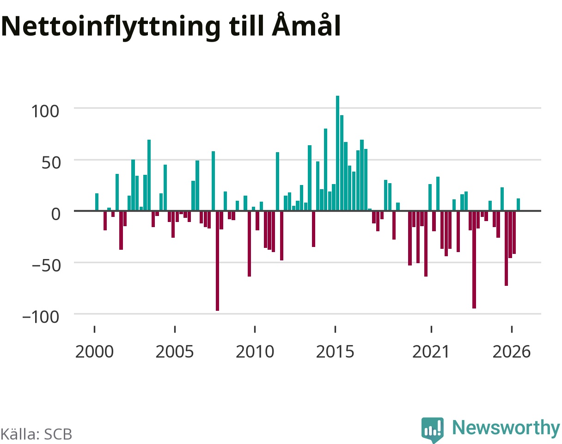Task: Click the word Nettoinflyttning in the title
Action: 111,27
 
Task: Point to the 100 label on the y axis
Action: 45,111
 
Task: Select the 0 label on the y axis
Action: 55,214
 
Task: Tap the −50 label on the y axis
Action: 46,265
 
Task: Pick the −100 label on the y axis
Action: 41,317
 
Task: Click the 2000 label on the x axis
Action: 94,352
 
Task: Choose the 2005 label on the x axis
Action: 175,352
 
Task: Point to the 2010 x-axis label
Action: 255,352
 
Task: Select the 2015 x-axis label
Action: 335,352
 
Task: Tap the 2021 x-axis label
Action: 431,352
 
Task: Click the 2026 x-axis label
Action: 511,352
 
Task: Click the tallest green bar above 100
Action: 337,153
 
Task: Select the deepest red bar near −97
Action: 217,260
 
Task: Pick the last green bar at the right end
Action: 518,204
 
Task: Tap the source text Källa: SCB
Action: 37,434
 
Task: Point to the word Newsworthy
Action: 506,428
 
